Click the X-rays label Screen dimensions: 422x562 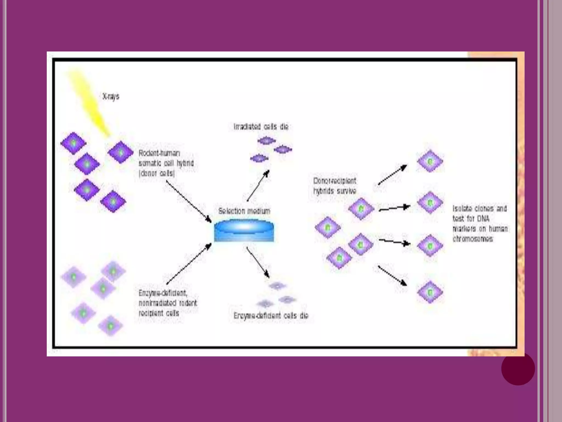tap(111, 96)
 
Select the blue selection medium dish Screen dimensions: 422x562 tap(244, 231)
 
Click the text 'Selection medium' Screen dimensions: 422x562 tap(244, 211)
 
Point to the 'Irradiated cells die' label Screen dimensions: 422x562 tap(261, 127)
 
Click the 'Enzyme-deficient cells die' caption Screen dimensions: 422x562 tap(271, 316)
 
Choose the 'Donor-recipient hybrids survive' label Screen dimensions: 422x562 tap(335, 186)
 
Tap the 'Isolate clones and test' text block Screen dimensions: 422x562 tap(480, 224)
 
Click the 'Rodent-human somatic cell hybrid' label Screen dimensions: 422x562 tap(166, 163)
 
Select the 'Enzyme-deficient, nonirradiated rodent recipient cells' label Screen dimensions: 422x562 tap(167, 303)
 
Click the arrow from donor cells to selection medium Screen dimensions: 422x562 tap(189, 201)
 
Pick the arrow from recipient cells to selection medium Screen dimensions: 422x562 tap(189, 264)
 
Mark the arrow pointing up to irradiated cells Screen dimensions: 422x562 tap(258, 186)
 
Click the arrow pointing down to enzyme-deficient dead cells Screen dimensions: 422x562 tap(258, 262)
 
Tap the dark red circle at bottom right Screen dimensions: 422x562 tap(518, 368)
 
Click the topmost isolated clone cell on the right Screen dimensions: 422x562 tap(430, 161)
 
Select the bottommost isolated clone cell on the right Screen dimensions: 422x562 tap(430, 292)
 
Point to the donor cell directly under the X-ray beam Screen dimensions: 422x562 tap(120, 152)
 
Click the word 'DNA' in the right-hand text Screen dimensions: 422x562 tap(483, 219)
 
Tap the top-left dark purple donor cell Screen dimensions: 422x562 tap(74, 143)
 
